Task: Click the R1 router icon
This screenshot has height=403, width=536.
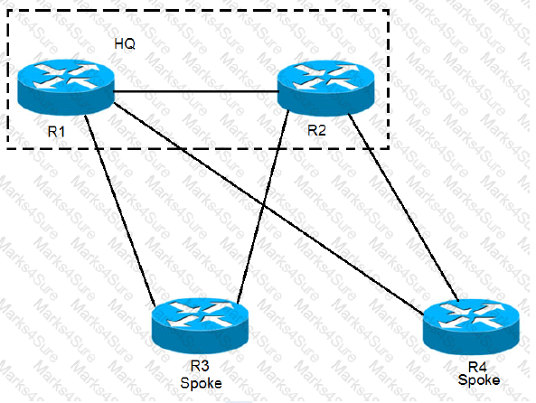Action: click(x=66, y=87)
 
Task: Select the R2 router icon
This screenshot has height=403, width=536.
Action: click(x=325, y=87)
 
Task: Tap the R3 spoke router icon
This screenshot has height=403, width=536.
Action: click(x=201, y=326)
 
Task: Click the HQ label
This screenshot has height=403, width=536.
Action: click(x=125, y=43)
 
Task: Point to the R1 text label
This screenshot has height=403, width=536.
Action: click(x=56, y=132)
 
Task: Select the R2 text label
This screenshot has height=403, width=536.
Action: click(x=316, y=130)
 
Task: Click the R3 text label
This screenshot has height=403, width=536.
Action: click(x=200, y=366)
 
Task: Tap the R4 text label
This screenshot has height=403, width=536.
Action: click(x=477, y=367)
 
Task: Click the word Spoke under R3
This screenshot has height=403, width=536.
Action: click(x=201, y=383)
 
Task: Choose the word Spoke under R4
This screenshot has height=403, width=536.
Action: click(x=479, y=380)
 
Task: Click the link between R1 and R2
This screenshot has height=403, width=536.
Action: click(x=196, y=91)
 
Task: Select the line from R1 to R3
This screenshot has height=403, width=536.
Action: click(x=119, y=211)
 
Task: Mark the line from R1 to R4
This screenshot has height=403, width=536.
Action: click(x=268, y=208)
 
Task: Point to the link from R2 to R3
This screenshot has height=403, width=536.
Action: click(x=262, y=206)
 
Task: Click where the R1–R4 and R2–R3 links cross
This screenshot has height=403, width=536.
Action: click(x=262, y=205)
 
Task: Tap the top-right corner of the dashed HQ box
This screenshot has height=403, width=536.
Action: click(x=389, y=10)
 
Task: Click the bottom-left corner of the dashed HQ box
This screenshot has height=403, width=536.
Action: click(x=7, y=149)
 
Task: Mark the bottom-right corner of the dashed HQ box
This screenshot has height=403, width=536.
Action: click(x=389, y=149)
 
